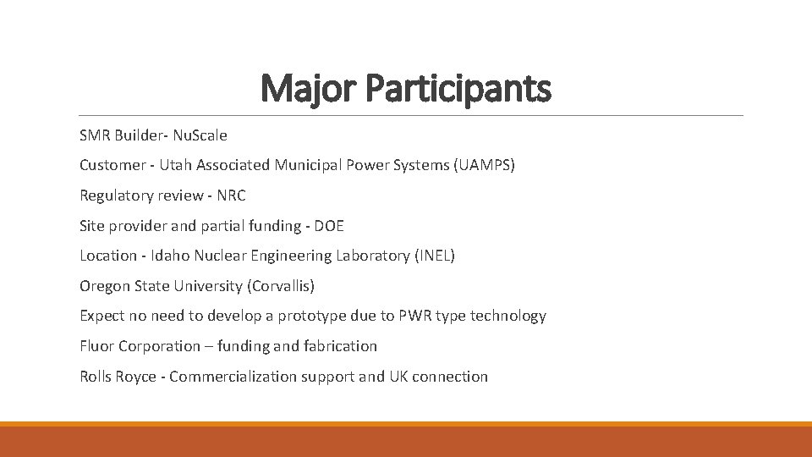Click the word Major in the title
310,88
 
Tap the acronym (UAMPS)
483,165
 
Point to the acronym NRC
231,195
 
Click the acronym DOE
328,226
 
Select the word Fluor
97,346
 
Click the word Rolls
97,377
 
